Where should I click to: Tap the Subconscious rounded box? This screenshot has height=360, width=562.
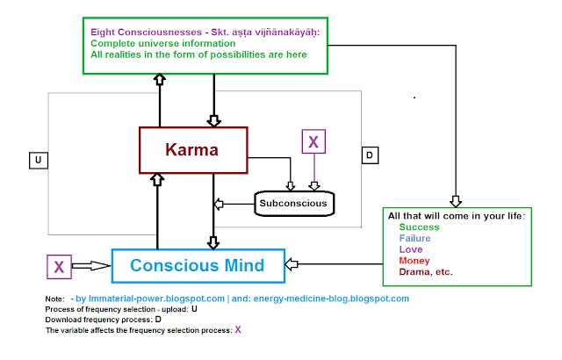coord(292,204)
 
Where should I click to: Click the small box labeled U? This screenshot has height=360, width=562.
coord(39,160)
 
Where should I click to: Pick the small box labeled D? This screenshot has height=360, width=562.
coord(370,155)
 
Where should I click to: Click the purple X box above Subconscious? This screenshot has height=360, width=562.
coord(313,141)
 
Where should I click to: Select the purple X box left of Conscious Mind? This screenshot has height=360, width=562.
coord(59,265)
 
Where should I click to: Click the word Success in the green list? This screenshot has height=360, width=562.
coord(419,227)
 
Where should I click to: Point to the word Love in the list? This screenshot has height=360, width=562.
coord(411,249)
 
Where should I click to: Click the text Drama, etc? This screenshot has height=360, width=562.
coord(426,272)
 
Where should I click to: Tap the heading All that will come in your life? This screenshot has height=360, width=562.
coord(455,215)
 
